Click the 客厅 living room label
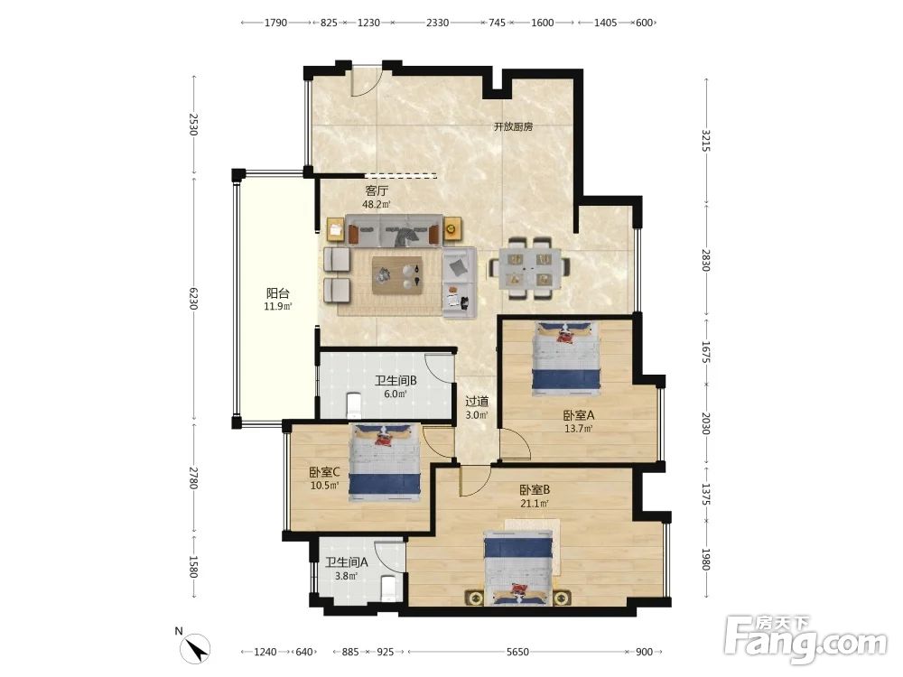(x=377, y=190)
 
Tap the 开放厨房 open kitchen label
(x=514, y=126)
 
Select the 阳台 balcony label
(x=277, y=293)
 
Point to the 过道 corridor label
(x=477, y=402)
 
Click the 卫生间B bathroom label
(x=396, y=381)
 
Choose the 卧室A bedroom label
(x=578, y=415)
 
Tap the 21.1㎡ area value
(x=535, y=504)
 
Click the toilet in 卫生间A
(x=389, y=587)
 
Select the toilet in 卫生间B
(x=354, y=404)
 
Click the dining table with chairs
(x=530, y=268)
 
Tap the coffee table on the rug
(x=398, y=275)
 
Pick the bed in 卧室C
(x=385, y=463)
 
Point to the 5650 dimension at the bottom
(x=517, y=652)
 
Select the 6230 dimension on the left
(x=193, y=298)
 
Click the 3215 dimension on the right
(x=706, y=141)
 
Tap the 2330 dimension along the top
(x=437, y=23)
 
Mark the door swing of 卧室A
(x=515, y=444)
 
